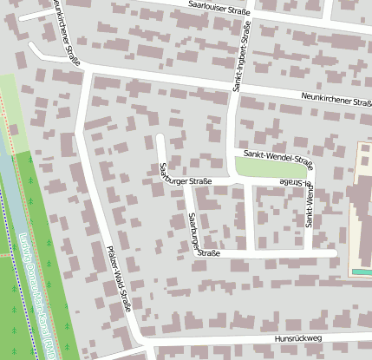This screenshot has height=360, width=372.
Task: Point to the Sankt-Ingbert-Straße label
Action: click(241, 58)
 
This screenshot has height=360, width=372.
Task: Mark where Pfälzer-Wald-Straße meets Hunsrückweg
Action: click(140, 341)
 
